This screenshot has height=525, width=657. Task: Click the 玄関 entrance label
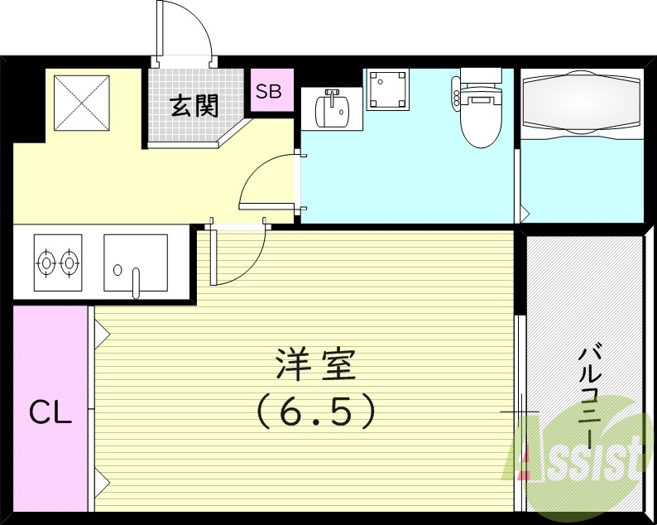[x=195, y=106]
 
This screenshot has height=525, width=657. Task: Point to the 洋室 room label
[x=315, y=364]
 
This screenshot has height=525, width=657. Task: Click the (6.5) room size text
[x=315, y=411]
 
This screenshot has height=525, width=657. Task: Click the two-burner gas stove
[x=58, y=262]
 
